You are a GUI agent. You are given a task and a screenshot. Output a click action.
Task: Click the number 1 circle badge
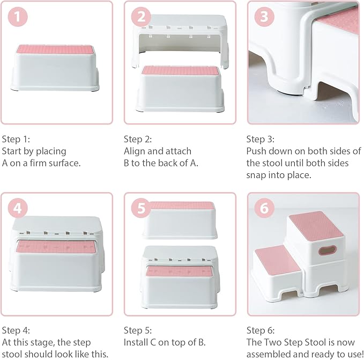[19, 17]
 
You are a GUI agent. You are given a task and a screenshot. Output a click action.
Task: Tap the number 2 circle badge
[141, 17]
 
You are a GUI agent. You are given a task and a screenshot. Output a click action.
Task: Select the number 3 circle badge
[263, 17]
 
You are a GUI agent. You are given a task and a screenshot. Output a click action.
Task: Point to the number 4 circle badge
[19, 208]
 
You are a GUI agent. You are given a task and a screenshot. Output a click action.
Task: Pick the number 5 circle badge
[141, 208]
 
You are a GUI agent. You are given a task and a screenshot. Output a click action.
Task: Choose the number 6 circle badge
[263, 208]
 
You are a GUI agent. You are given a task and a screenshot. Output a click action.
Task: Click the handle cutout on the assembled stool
[326, 250]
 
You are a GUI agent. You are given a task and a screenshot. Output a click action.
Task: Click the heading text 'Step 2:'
[138, 138]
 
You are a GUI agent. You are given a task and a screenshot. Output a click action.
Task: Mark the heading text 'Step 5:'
[138, 330]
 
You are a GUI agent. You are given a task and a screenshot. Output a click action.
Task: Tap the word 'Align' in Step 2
[135, 151]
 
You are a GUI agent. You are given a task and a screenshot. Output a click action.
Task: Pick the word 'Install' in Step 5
[136, 342]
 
